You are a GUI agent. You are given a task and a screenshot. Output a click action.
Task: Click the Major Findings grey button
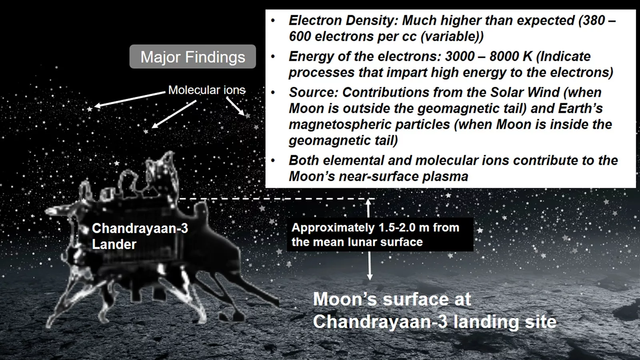[x=192, y=57]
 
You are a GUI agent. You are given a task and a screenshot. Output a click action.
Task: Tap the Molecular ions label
[x=206, y=90]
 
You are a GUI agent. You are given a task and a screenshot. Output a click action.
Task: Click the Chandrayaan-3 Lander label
[x=140, y=236]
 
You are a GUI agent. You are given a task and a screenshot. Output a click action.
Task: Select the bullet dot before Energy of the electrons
[x=273, y=57]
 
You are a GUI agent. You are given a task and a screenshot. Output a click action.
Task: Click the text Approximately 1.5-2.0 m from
[x=375, y=228]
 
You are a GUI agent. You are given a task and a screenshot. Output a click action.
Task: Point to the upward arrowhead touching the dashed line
[x=369, y=202]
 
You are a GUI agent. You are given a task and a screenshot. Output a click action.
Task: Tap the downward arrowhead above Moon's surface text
[x=370, y=277]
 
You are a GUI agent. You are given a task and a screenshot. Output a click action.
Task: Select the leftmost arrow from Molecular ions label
[x=128, y=100]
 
